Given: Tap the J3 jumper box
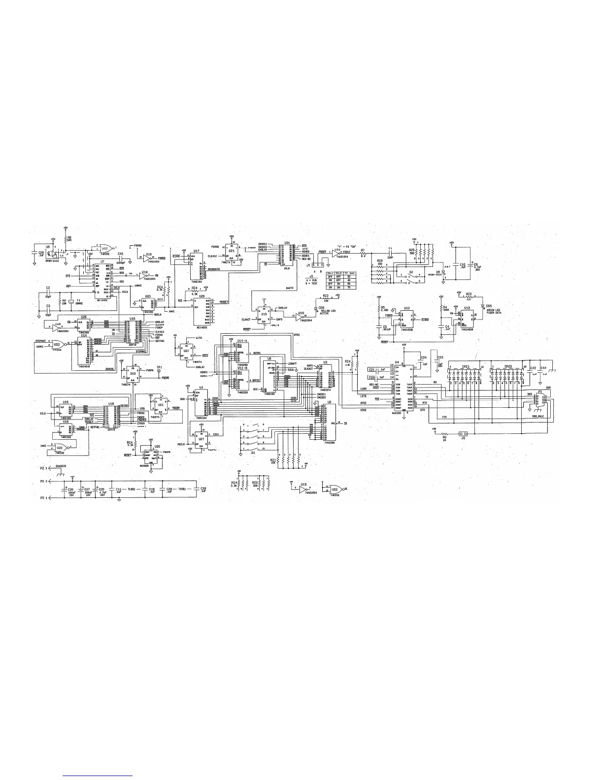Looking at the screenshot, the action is coord(462,434).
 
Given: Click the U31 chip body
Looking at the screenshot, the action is coord(286,255).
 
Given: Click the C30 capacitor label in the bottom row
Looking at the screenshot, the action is coord(202,489).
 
